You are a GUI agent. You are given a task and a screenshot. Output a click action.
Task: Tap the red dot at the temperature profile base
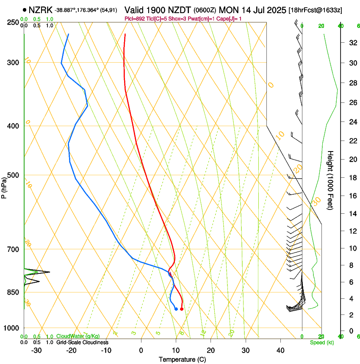pyautogui.click(x=182, y=309)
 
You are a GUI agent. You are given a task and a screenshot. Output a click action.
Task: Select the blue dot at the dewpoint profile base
pyautogui.click(x=176, y=309)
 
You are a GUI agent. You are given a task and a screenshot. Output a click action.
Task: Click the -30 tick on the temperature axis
pyautogui.click(x=36, y=350)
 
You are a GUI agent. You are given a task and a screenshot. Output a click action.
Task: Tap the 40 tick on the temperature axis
pyautogui.click(x=280, y=350)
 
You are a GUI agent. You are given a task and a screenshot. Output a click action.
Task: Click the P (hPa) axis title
pyautogui.click(x=4, y=186)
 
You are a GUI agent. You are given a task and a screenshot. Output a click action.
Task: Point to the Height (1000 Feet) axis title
pyautogui.click(x=331, y=180)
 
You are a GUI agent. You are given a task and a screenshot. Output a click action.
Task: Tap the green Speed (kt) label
pyautogui.click(x=321, y=342)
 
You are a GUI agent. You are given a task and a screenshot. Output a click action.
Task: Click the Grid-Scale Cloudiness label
pyautogui.click(x=82, y=342)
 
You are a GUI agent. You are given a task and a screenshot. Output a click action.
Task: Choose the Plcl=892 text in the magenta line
pyautogui.click(x=135, y=19)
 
